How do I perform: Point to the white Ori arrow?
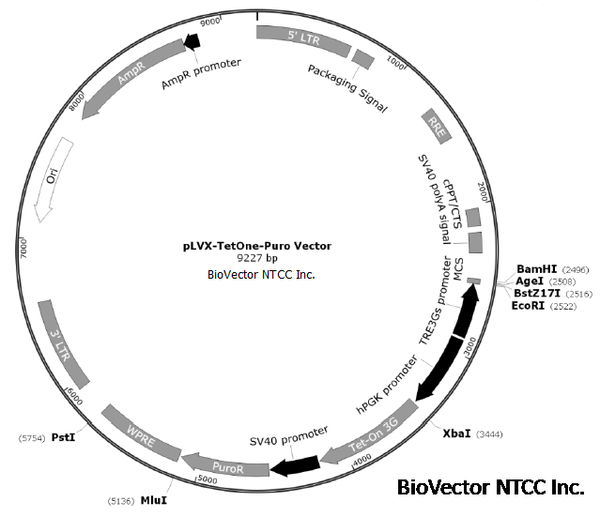(x=51, y=178)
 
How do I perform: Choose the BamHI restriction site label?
(x=536, y=269)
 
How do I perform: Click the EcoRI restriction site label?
(x=529, y=306)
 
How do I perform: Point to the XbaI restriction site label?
(x=457, y=434)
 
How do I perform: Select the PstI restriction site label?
(x=63, y=436)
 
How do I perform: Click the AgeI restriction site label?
(x=531, y=281)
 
